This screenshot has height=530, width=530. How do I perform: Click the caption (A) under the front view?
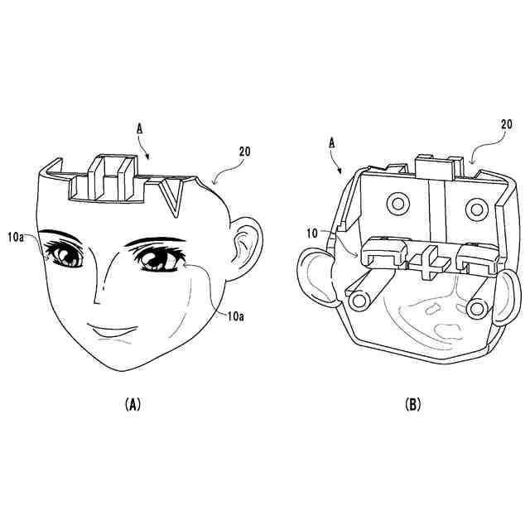132,404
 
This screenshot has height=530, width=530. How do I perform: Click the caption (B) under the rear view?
413,404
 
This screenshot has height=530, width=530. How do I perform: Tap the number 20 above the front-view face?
245,152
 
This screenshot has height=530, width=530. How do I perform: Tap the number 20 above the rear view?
506,124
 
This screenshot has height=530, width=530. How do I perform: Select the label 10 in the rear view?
312,234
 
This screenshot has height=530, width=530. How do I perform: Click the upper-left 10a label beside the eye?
16,238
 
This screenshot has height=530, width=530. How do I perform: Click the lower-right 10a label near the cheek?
235,316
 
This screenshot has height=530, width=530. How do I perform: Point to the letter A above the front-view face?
139,129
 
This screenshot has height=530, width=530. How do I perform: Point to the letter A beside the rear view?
332,143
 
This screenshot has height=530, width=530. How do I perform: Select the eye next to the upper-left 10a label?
65,254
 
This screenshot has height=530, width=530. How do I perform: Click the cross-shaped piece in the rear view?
430,263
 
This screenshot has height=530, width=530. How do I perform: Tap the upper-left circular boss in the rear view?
398,204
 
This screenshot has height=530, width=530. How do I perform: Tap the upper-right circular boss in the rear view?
477,210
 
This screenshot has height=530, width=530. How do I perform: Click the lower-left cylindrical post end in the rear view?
359,301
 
